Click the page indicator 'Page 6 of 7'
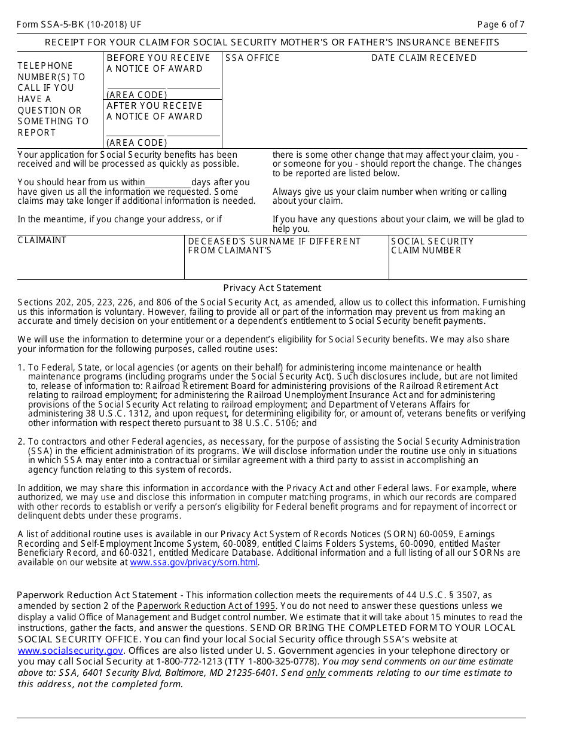coord(501,24)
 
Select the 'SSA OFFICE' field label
coord(252,58)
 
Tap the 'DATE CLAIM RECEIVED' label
coord(424,58)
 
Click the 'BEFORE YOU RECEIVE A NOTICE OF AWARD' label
coord(158,63)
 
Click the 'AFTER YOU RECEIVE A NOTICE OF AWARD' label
coord(155,111)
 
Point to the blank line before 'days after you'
coord(168,183)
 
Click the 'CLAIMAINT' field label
coord(42,240)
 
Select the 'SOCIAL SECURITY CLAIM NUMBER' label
coord(432,246)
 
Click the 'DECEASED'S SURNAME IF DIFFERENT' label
coord(274,241)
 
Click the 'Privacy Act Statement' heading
coord(272,288)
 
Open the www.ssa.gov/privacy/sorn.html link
coord(194,562)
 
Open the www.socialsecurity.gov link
coord(71,651)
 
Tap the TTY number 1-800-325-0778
coord(286,661)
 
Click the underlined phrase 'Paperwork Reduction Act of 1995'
coord(206,606)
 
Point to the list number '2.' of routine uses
coord(22,442)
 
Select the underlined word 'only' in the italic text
coord(316,673)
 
